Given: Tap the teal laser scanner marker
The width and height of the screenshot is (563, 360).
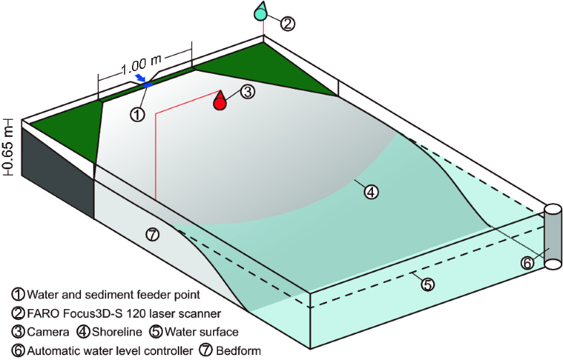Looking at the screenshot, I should point(262,11).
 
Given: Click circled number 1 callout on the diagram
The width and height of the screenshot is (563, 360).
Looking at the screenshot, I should point(137,113).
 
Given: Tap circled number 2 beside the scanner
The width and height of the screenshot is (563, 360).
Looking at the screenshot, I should point(287,24).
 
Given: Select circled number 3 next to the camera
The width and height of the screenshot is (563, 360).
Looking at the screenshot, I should point(246,92).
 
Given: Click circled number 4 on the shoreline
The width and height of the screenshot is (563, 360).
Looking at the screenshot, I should point(371,191).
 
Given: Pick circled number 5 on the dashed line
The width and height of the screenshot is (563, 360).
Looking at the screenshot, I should point(427,284).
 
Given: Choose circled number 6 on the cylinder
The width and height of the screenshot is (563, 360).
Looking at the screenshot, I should point(526,263).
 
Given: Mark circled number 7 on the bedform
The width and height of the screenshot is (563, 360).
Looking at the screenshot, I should point(151,234).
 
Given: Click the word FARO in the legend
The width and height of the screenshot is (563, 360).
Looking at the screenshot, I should point(45,313).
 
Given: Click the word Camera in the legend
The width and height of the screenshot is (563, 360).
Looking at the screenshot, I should point(48,332).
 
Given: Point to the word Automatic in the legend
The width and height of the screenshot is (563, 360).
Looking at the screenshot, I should point(55,351).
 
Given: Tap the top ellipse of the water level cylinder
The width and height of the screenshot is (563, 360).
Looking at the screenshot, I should point(553,209).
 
